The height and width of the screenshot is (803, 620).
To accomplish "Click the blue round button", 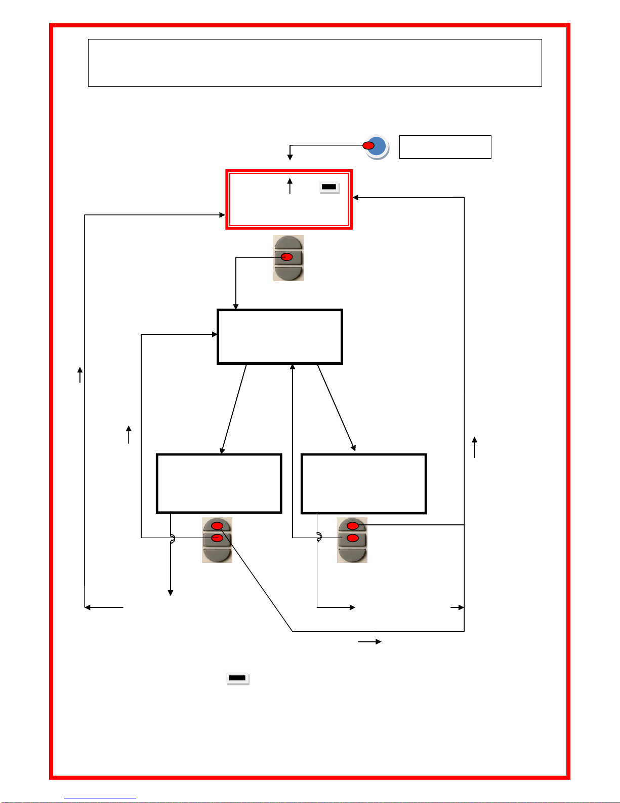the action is [x=379, y=147].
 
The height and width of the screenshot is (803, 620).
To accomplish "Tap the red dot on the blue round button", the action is [x=369, y=146].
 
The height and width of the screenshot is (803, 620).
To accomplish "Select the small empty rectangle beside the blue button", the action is [x=445, y=147].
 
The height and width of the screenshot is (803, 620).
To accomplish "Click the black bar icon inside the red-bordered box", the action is [x=329, y=187].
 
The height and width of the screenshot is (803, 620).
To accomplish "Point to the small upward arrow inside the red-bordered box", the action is [x=290, y=185].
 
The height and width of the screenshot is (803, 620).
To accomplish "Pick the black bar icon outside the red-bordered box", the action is [x=237, y=678].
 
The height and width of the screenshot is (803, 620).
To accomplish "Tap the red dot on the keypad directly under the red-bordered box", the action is [x=287, y=257].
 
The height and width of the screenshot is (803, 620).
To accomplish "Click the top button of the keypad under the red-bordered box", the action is [x=288, y=243].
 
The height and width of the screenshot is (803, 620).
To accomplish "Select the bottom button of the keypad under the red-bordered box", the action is [x=288, y=273].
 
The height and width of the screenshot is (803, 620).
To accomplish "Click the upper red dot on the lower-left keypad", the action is [x=217, y=525].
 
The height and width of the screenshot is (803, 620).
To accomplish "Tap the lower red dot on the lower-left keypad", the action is [x=217, y=538].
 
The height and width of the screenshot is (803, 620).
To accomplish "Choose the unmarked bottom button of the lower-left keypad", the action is [x=217, y=554].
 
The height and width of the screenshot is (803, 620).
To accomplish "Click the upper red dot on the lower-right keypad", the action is [x=353, y=526].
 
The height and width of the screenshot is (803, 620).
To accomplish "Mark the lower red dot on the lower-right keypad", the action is [x=353, y=538].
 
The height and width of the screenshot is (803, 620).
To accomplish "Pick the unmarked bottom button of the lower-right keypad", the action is [x=352, y=555].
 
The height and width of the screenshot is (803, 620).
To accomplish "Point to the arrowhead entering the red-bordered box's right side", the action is [x=356, y=198].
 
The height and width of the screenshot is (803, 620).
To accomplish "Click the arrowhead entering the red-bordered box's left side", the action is [x=222, y=215].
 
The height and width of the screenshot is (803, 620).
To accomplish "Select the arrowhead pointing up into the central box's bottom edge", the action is [x=293, y=367].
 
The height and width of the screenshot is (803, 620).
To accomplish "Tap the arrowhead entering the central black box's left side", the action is [x=215, y=334].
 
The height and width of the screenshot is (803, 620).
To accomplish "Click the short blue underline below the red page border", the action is [x=100, y=798].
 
